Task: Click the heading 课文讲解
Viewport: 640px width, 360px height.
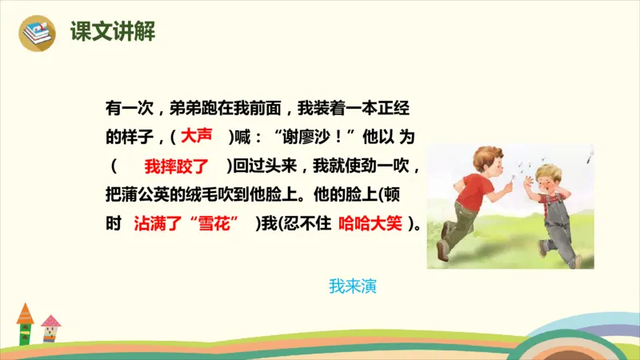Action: click(x=112, y=32)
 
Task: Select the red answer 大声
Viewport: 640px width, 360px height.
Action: click(x=197, y=136)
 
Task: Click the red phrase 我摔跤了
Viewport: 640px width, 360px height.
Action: click(x=176, y=166)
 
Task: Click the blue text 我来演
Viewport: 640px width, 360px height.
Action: click(x=352, y=286)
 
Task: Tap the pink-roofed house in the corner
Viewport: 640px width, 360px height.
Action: click(x=51, y=327)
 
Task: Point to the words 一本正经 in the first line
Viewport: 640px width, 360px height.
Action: click(x=379, y=107)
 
